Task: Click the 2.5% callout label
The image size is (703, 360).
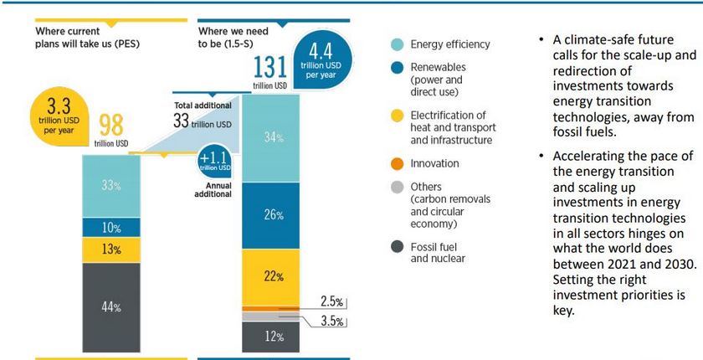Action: [332, 301]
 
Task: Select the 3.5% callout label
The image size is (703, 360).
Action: [332, 320]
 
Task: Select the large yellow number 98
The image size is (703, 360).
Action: [112, 126]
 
